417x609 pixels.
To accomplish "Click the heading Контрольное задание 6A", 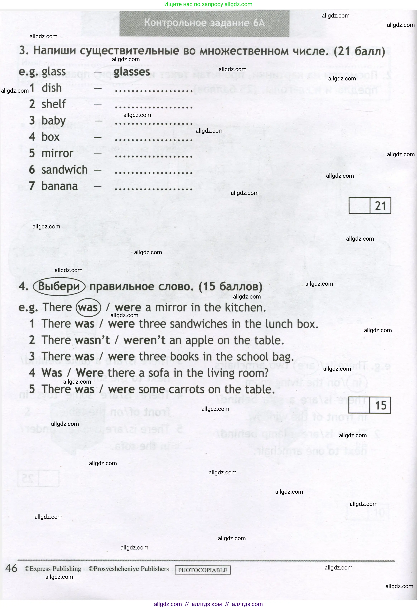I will [x=204, y=23].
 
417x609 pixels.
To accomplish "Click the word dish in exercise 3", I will [x=52, y=88].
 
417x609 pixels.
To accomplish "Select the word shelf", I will [x=54, y=104].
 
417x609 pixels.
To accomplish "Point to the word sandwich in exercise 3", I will [x=65, y=170].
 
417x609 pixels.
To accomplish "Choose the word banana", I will [x=60, y=186].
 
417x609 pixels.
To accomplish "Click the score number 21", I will [x=380, y=206].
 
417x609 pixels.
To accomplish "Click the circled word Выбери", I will [x=59, y=286].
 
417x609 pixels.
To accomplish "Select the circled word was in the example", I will [x=88, y=308].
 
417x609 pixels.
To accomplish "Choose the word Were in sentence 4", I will [x=90, y=373].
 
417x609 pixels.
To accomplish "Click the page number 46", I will [x=11, y=568].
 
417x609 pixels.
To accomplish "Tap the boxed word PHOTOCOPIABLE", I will [x=203, y=570].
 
